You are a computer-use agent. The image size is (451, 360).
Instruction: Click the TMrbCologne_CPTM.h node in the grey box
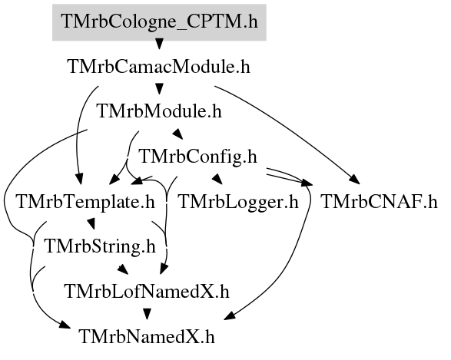pyautogui.click(x=159, y=22)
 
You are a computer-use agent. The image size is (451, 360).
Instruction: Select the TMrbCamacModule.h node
pyautogui.click(x=159, y=67)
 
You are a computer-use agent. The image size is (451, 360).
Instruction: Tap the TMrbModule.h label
pyautogui.click(x=160, y=111)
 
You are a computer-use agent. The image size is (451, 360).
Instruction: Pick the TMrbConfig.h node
pyautogui.click(x=198, y=157)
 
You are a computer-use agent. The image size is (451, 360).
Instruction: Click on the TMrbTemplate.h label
pyautogui.click(x=86, y=202)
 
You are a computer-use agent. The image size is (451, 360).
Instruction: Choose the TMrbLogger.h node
pyautogui.click(x=238, y=202)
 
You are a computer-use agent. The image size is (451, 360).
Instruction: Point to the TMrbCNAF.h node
pyautogui.click(x=379, y=202)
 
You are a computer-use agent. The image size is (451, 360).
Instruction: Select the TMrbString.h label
pyautogui.click(x=100, y=246)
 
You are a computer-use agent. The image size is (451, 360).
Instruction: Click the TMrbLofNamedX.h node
pyautogui.click(x=148, y=292)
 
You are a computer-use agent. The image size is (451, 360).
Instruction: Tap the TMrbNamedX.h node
pyautogui.click(x=147, y=336)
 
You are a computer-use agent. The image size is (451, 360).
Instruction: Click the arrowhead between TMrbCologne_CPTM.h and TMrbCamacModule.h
pyautogui.click(x=159, y=44)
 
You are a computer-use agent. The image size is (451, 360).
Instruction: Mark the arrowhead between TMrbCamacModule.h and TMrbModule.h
pyautogui.click(x=159, y=89)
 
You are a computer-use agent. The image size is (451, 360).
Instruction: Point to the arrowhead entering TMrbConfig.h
pyautogui.click(x=177, y=134)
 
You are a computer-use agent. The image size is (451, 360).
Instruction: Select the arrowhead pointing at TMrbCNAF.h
pyautogui.click(x=355, y=180)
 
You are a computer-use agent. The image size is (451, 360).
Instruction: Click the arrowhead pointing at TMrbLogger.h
pyautogui.click(x=217, y=179)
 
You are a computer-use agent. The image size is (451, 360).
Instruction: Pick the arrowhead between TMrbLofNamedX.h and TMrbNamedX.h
pyautogui.click(x=148, y=314)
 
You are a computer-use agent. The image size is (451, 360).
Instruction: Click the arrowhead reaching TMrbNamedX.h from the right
pyautogui.click(x=230, y=315)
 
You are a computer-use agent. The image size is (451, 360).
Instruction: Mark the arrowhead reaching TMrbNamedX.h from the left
pyautogui.click(x=65, y=325)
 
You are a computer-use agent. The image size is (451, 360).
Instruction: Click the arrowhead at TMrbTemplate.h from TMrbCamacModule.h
pyautogui.click(x=78, y=179)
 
